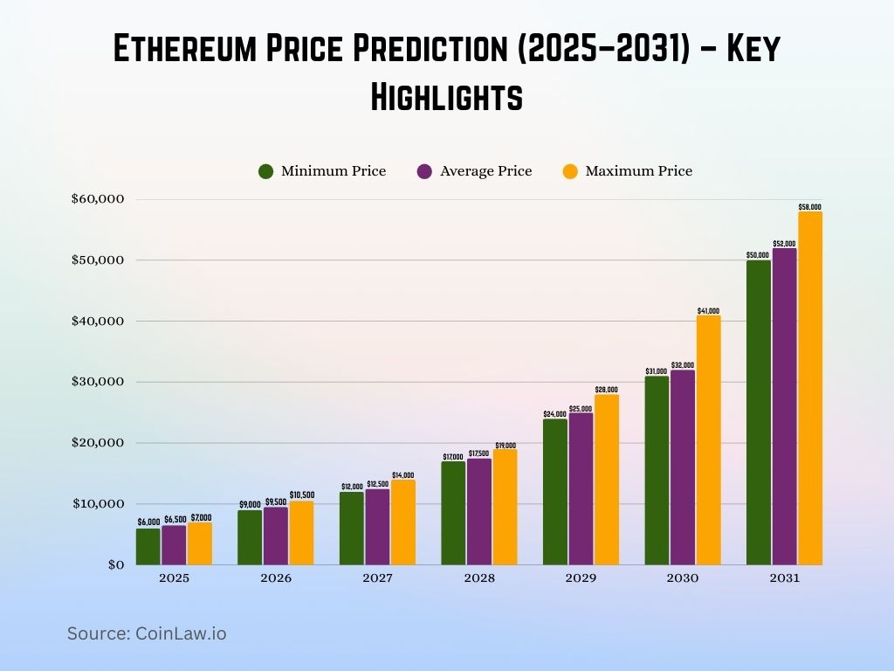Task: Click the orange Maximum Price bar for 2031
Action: point(809,388)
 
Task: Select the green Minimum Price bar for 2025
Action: point(148,546)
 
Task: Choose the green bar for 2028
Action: point(453,513)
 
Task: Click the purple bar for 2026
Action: point(275,536)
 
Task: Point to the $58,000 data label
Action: point(809,207)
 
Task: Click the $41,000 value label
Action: point(708,311)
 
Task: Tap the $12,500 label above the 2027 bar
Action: point(377,485)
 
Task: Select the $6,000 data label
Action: point(148,522)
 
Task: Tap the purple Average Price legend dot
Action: point(425,171)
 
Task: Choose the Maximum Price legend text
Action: point(638,171)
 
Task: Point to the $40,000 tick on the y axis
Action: point(98,321)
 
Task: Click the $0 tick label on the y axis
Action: point(115,564)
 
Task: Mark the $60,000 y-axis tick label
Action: point(98,199)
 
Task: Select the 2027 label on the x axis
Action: point(377,578)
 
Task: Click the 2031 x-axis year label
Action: point(784,578)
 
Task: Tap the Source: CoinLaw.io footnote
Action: point(147,633)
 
